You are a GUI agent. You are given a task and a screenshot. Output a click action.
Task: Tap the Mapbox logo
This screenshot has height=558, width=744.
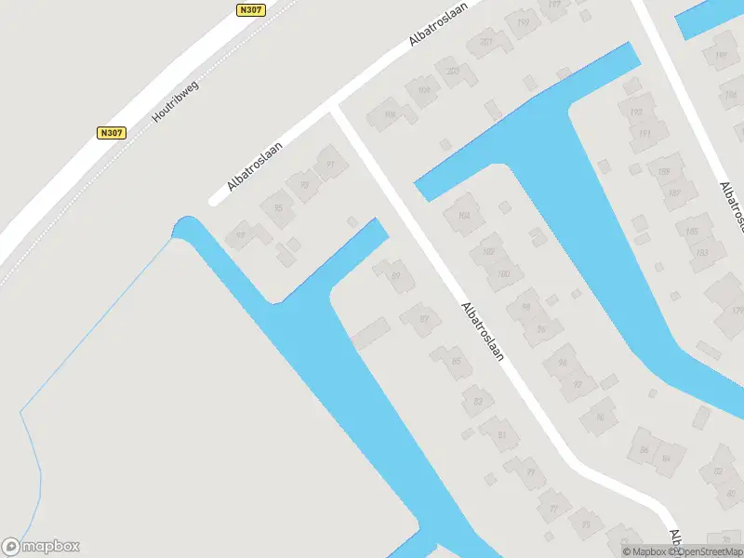(x=41, y=547)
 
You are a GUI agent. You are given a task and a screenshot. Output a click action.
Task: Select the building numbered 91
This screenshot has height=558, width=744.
(x=330, y=166)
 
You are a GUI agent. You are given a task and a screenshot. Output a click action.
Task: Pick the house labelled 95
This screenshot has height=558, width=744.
(x=278, y=207)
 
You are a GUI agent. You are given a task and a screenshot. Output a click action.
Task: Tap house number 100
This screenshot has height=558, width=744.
(x=503, y=273)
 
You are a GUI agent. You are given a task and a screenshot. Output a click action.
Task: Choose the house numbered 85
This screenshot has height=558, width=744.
(x=456, y=361)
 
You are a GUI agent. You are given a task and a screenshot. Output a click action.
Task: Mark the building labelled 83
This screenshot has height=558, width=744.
(x=478, y=401)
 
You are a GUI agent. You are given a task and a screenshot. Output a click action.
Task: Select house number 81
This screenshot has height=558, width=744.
(x=502, y=434)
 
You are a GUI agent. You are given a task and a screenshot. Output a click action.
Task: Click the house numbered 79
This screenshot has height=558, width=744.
(x=531, y=473)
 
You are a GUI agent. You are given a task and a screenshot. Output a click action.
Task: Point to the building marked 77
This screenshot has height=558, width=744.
(x=554, y=508)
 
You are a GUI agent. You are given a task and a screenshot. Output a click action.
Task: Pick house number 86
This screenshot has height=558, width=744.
(x=644, y=451)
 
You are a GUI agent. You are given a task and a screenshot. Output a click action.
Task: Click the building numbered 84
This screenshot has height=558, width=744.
(x=666, y=458)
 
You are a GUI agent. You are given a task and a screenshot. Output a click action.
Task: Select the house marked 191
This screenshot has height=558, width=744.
(x=642, y=133)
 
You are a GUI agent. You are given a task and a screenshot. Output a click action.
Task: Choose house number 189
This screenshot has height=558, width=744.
(x=664, y=172)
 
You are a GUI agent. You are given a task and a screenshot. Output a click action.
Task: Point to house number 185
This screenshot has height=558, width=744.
(x=692, y=231)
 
